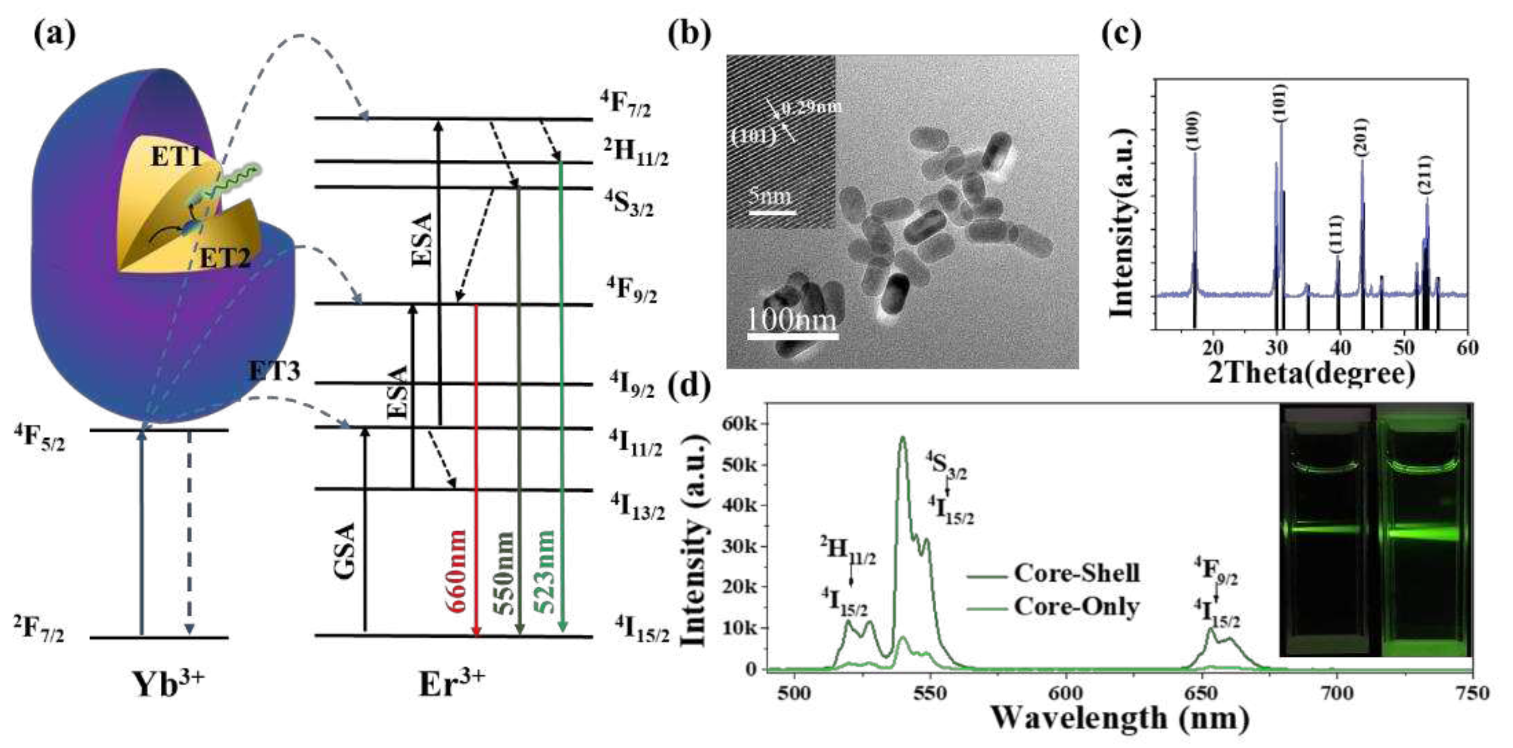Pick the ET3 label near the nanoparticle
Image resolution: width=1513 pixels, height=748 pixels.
pos(274,371)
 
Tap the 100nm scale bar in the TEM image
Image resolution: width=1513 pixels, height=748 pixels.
pos(793,336)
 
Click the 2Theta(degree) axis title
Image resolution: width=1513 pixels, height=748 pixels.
pos(1311,373)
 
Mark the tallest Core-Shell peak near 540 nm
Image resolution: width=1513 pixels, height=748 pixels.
pos(903,438)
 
